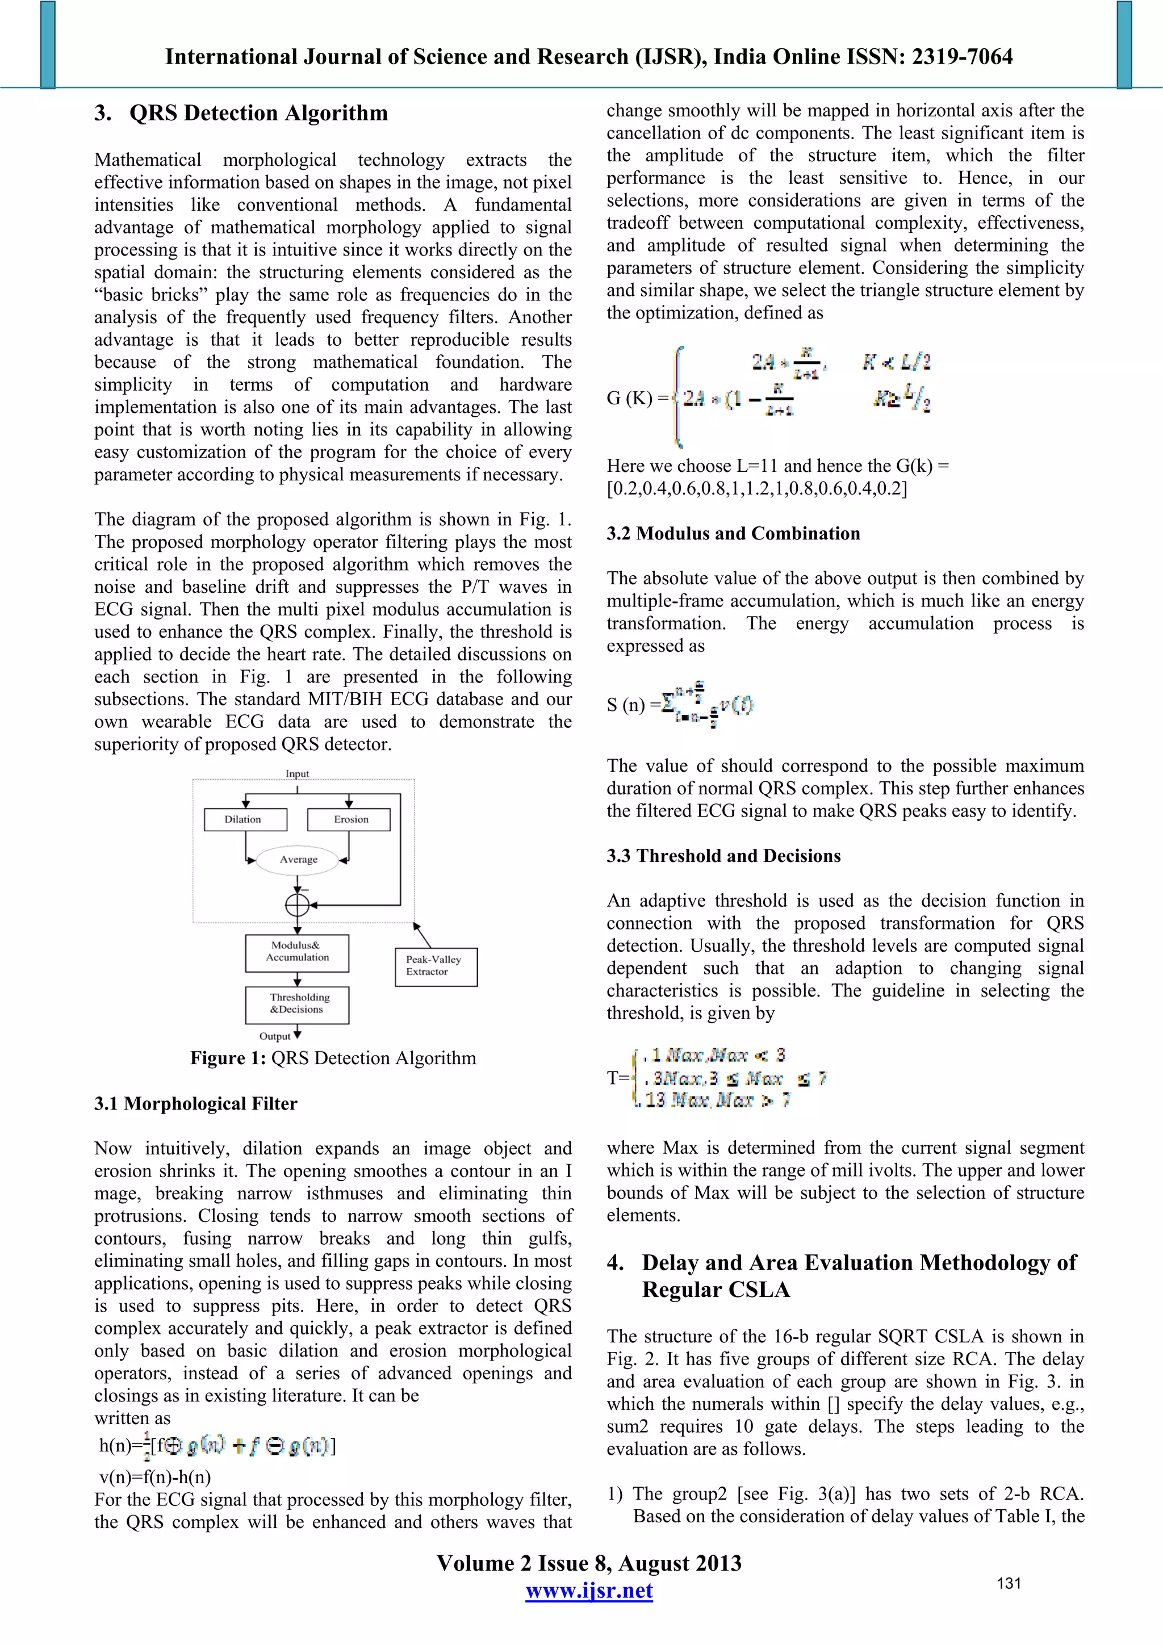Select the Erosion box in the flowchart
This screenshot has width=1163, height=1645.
click(349, 819)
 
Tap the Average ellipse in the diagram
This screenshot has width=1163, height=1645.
click(298, 859)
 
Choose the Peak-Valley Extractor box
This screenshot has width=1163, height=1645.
click(436, 966)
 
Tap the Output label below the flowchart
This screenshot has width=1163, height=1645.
click(275, 1036)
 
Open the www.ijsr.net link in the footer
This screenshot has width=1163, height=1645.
click(589, 1590)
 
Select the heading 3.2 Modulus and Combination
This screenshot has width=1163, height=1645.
click(733, 534)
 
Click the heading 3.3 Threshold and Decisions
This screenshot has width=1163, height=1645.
click(723, 856)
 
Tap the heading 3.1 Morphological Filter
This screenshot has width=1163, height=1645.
click(195, 1103)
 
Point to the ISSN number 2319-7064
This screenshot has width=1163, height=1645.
click(961, 57)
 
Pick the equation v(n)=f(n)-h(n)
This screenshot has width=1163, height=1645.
click(155, 1477)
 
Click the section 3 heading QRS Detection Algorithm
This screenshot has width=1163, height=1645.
click(241, 113)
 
